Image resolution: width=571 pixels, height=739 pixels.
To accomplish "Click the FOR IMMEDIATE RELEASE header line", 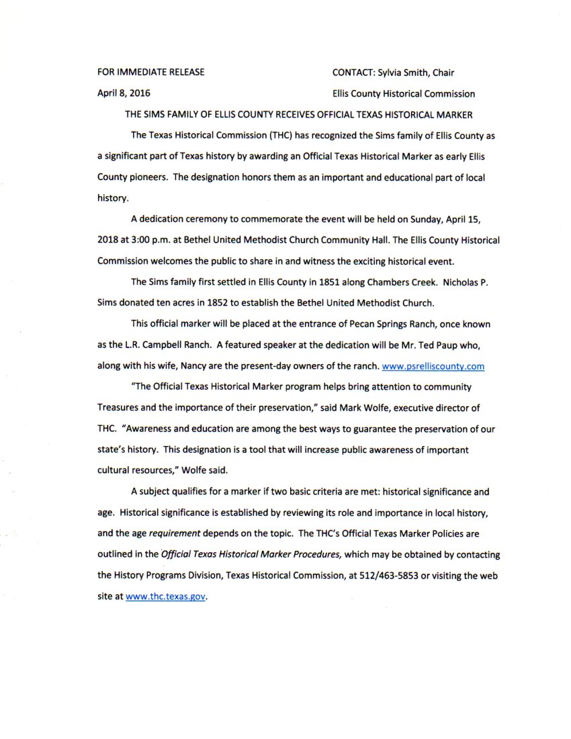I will click(x=151, y=73).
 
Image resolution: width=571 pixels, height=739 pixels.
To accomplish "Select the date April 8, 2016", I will click(x=124, y=94).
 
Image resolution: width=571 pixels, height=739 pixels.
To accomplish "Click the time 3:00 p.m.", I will click(x=161, y=240).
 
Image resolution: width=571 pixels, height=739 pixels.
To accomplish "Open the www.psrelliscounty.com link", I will click(x=433, y=367).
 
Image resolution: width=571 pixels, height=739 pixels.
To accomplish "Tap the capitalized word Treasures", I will click(x=120, y=408).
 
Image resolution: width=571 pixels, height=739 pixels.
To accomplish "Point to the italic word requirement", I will click(x=177, y=535).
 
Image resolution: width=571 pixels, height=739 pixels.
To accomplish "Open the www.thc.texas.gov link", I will click(x=165, y=597).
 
